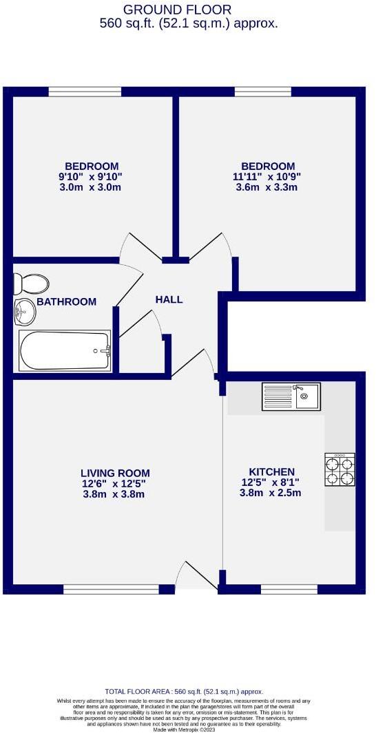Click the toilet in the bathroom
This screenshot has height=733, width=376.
click(x=32, y=284)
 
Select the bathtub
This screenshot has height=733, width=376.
click(x=65, y=351)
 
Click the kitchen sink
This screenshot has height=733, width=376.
click(x=291, y=396)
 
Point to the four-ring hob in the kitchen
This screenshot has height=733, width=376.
click(x=340, y=469)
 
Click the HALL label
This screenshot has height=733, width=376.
click(x=169, y=299)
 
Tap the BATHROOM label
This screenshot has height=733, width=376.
click(x=66, y=301)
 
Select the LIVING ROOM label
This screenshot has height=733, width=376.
click(x=115, y=474)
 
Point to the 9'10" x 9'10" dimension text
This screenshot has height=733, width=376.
click(x=92, y=177)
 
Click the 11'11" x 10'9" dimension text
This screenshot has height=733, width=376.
click(x=268, y=177)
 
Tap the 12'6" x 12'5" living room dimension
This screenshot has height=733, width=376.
click(x=115, y=484)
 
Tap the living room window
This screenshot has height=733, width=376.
click(x=111, y=589)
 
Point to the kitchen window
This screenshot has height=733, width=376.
click(x=289, y=589)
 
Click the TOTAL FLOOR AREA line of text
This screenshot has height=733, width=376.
click(x=184, y=691)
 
